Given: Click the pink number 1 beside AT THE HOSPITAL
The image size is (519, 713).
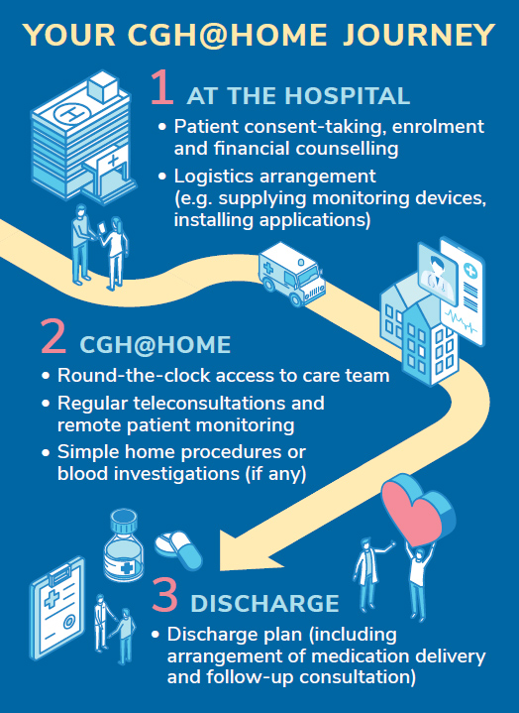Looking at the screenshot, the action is (162, 87).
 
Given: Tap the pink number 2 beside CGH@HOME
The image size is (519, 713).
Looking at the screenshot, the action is (53, 335).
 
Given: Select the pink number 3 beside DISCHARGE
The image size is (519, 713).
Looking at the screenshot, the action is (164, 594).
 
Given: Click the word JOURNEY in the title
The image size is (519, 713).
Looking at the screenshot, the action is (419, 35).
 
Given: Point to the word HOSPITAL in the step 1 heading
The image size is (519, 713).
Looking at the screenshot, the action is (347, 96).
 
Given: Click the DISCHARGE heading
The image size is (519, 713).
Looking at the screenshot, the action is (264, 603).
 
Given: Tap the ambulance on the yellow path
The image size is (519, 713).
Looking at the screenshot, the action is (291, 274).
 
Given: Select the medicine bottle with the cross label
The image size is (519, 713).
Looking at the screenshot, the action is (123, 544).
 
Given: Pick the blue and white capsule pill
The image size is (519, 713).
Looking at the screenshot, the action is (178, 549).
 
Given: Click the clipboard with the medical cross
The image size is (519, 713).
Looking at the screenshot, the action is (57, 607).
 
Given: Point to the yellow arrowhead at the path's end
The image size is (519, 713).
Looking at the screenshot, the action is (248, 549).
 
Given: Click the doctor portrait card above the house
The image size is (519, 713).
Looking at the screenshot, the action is (437, 269).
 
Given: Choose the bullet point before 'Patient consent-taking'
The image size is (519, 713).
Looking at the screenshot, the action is (162, 127).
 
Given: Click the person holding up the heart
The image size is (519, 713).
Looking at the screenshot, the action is (420, 580).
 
